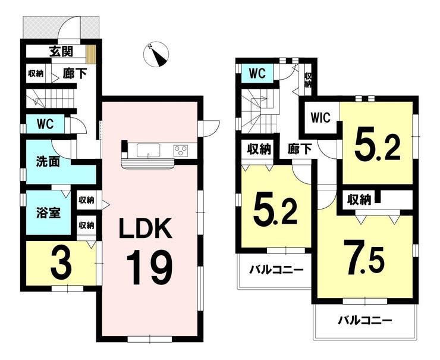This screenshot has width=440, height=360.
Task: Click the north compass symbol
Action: (x=156, y=55)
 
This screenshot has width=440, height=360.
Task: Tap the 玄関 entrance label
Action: (x=61, y=51)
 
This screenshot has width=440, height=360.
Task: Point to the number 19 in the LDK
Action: (x=149, y=268)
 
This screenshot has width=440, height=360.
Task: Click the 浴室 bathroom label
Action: (x=48, y=212)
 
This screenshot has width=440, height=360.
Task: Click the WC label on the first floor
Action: (x=45, y=124)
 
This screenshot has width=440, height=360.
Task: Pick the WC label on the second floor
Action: (x=257, y=74)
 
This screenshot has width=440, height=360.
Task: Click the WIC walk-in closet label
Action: (x=320, y=118)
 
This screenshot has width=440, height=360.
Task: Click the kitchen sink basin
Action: (x=149, y=150)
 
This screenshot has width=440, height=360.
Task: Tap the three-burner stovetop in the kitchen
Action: (x=180, y=150)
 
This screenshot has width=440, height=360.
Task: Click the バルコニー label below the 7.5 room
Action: (x=365, y=320)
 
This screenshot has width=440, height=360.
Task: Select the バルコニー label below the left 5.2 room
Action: (x=276, y=270)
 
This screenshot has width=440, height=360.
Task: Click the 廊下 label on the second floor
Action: (x=300, y=149)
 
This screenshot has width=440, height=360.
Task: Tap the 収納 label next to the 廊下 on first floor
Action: (x=36, y=74)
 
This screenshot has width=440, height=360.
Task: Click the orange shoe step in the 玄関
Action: (x=90, y=54)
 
